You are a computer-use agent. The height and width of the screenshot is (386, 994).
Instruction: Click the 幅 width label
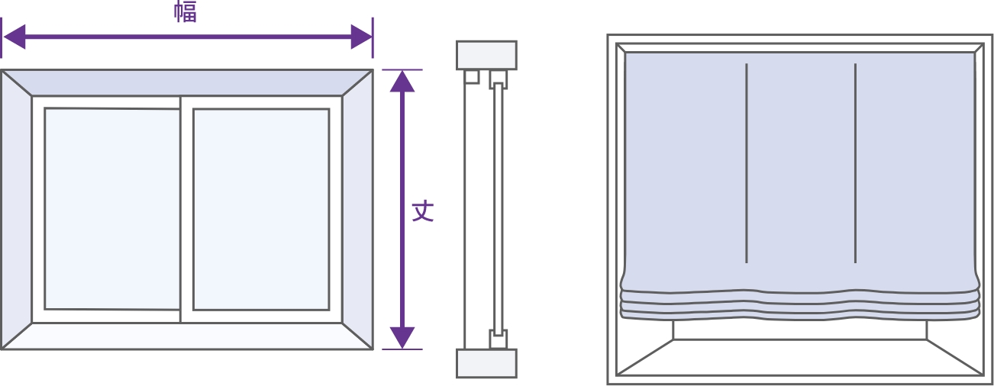185,12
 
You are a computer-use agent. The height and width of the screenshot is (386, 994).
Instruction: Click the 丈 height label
423,211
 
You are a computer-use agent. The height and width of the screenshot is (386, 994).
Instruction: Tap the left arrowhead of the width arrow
14,37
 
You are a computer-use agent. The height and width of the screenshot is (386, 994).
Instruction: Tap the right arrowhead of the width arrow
362,37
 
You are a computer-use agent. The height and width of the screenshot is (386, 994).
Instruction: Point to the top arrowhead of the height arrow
402,82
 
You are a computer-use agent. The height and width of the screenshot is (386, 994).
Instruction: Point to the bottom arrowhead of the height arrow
402,338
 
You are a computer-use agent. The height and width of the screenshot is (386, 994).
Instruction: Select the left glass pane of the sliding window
112,209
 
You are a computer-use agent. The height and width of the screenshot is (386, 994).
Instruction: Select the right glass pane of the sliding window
261,209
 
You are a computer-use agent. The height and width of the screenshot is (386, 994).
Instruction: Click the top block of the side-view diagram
486,56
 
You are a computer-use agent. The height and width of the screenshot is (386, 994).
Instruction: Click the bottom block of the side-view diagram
486,363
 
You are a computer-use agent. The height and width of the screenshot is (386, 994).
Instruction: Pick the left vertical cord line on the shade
747,163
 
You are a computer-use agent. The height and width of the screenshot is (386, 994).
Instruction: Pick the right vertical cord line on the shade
855,163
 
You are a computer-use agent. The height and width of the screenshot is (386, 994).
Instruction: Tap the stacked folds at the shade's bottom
799,305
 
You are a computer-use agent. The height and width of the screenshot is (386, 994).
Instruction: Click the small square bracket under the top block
472,77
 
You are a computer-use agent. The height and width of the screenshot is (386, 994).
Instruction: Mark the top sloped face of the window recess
187,82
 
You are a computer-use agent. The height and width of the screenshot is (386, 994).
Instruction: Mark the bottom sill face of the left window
187,336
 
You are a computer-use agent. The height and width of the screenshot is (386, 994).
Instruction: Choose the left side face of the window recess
17,209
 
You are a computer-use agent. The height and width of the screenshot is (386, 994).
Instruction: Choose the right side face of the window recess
357,209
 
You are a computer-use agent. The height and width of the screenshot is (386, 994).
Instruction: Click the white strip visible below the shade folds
799,329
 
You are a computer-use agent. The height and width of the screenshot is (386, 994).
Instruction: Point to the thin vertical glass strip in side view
498,209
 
